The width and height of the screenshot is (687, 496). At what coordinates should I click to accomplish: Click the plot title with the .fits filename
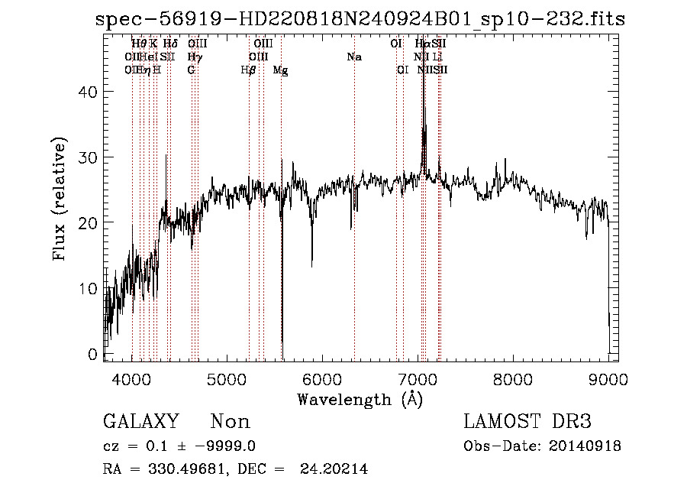click(360, 19)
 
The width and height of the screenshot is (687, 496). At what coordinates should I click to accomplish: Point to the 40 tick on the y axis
click(91, 92)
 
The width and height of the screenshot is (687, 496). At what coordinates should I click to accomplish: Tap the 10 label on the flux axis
click(91, 289)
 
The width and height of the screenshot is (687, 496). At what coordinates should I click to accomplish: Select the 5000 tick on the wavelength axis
click(227, 378)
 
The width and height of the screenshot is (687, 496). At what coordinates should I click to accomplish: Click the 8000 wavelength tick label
click(513, 378)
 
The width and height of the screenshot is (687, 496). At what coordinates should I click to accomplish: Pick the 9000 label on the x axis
click(608, 378)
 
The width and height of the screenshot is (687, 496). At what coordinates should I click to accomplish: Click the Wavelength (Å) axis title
click(360, 398)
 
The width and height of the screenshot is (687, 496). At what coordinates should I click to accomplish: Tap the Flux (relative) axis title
click(61, 199)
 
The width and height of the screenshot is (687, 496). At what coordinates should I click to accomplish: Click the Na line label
click(353, 57)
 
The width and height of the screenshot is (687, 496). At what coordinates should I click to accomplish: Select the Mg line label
click(280, 70)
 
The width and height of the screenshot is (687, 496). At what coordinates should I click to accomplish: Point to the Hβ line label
click(248, 70)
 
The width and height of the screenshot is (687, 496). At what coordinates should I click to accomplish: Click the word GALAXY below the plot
click(141, 422)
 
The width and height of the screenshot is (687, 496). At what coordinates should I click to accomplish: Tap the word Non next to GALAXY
click(230, 422)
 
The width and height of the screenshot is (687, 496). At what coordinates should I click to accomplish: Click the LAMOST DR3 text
click(527, 422)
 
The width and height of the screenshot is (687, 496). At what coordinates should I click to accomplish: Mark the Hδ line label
click(170, 44)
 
